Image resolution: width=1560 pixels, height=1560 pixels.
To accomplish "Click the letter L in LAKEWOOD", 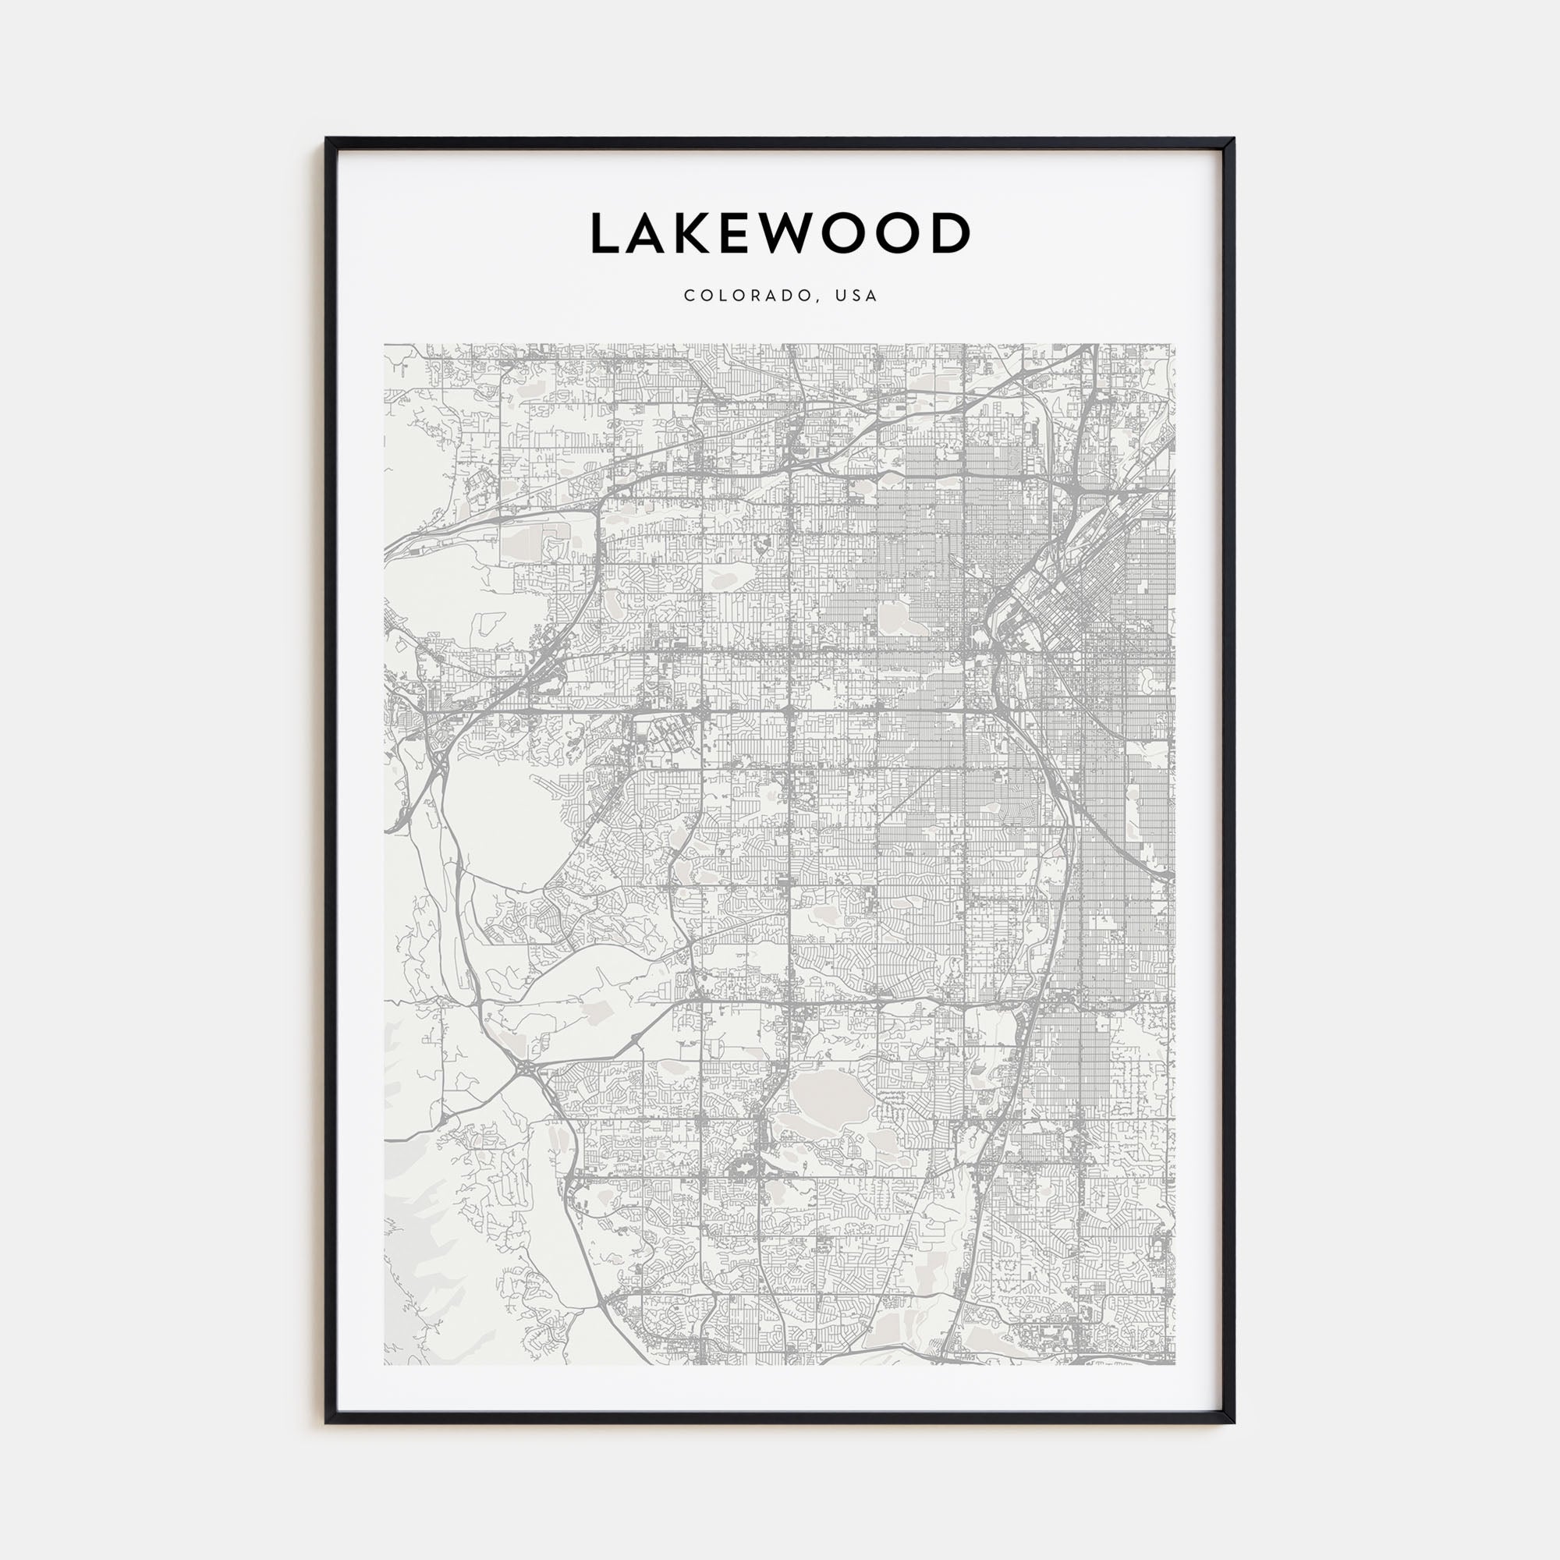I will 605,233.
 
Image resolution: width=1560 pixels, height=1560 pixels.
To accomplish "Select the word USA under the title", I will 856,296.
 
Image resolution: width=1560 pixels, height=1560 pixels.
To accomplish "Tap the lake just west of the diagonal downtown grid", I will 894,618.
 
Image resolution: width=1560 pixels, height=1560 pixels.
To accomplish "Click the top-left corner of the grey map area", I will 385,345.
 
